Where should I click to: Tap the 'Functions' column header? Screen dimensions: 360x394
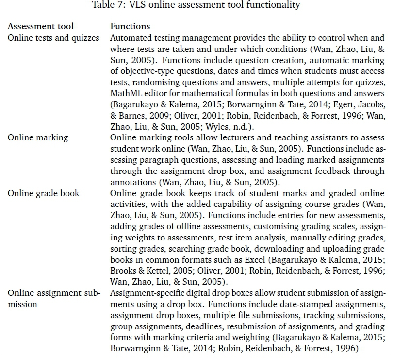(x=130, y=26)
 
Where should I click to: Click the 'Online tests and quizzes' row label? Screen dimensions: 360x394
(x=53, y=37)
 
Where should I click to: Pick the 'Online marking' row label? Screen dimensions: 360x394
(x=38, y=137)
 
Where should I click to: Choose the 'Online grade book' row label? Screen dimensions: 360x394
(x=43, y=193)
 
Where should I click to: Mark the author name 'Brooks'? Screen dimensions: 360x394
(x=123, y=271)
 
